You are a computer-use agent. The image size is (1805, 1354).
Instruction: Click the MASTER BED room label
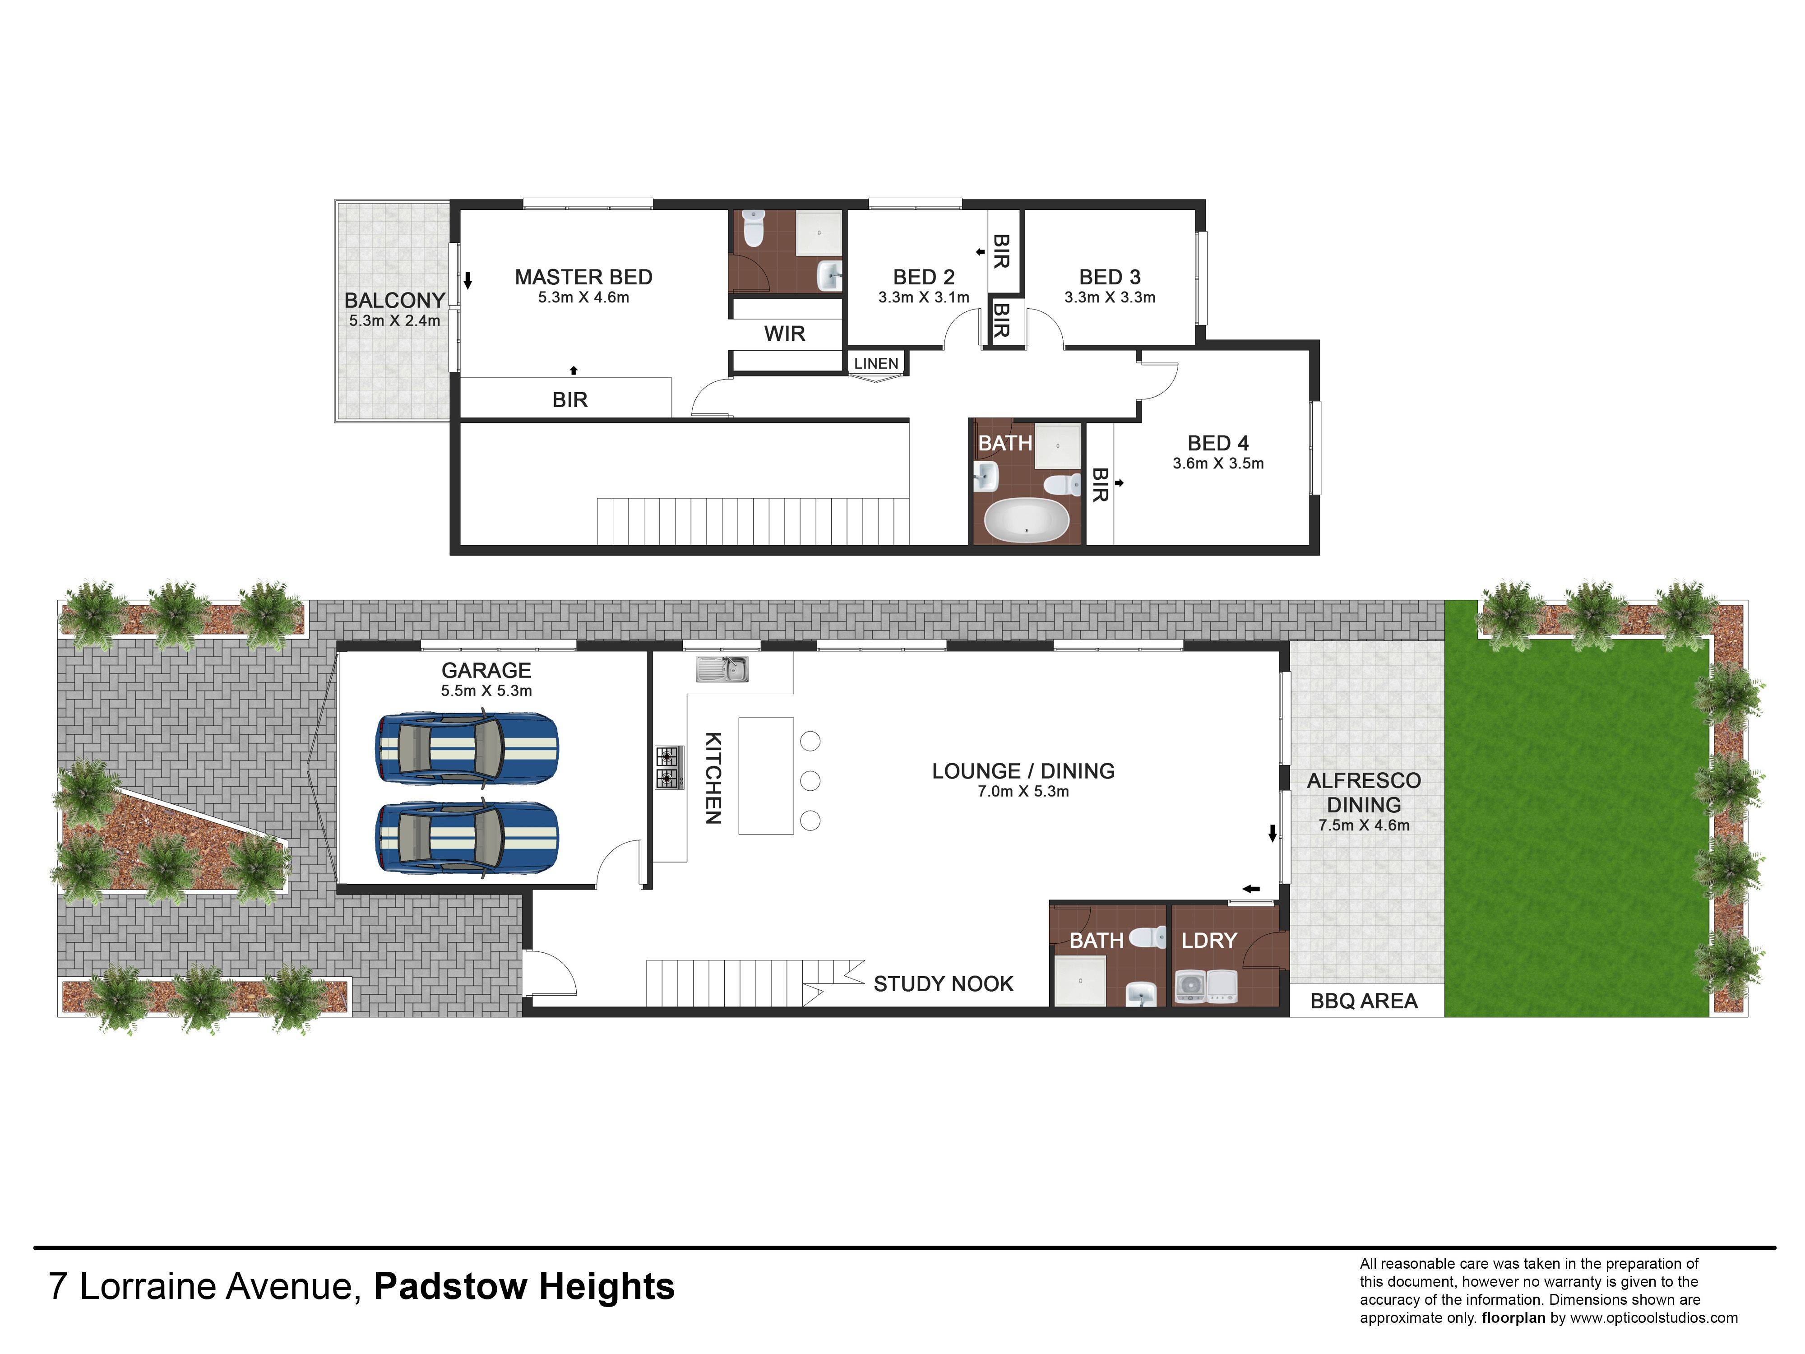(x=583, y=278)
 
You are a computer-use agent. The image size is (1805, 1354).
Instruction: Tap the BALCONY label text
(x=394, y=300)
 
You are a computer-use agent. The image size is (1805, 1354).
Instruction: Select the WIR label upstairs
(x=784, y=334)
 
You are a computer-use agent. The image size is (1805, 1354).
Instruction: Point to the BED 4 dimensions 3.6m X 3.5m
(x=1218, y=464)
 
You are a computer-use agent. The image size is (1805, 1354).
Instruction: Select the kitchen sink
(x=722, y=669)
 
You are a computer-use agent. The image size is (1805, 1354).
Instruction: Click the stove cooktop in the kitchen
(x=669, y=768)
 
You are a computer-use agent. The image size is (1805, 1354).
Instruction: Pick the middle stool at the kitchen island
(x=810, y=781)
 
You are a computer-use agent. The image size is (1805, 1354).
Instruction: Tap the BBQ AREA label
(x=1364, y=1002)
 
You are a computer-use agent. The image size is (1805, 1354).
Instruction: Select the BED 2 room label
(x=924, y=278)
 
